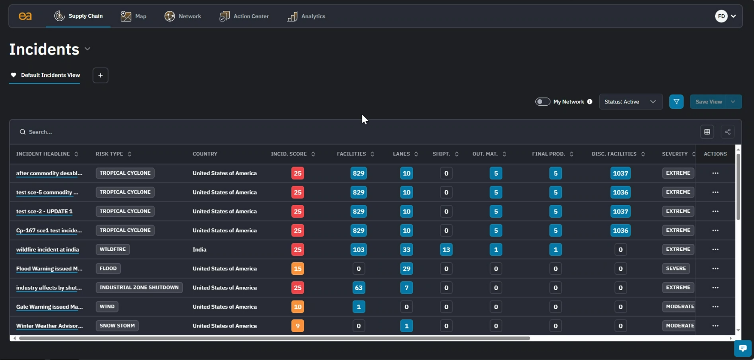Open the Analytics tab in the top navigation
click(307, 16)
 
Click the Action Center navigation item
click(244, 16)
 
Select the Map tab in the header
click(134, 16)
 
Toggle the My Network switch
click(543, 102)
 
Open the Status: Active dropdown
click(630, 102)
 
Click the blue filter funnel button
click(676, 102)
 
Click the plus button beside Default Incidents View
click(101, 75)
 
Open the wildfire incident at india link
click(48, 250)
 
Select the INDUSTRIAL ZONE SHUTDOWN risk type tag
click(139, 288)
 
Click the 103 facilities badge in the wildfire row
click(358, 250)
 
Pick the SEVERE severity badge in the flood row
click(676, 269)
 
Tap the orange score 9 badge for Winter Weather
click(297, 326)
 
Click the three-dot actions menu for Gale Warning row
click(715, 307)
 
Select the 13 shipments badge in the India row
click(446, 250)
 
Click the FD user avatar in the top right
click(722, 16)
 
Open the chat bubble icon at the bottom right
click(743, 349)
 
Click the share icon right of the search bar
click(727, 132)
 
